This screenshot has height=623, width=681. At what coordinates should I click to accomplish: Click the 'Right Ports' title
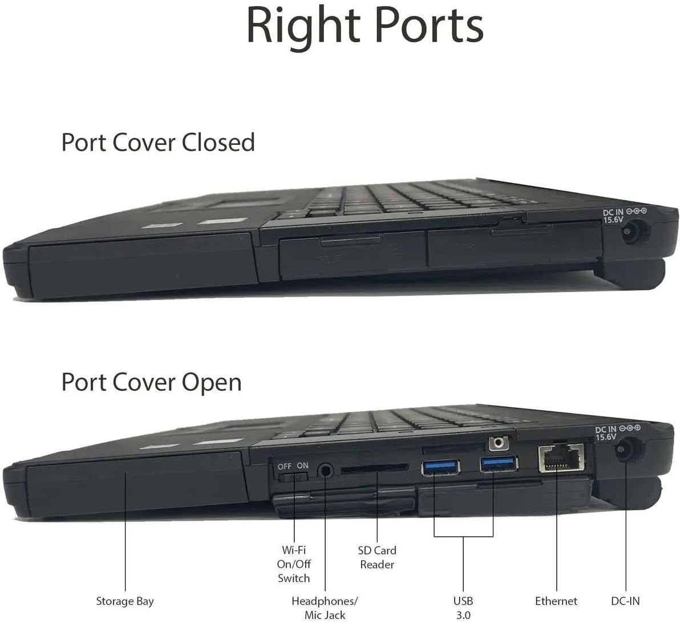click(365, 27)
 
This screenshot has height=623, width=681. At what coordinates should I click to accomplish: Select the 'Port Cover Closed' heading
click(158, 143)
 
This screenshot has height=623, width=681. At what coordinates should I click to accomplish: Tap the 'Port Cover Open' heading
click(151, 382)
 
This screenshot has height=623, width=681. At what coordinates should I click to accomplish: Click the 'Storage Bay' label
click(125, 601)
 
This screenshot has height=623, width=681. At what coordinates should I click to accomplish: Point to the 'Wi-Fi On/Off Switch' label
click(294, 564)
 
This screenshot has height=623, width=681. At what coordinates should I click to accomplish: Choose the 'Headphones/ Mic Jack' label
click(325, 608)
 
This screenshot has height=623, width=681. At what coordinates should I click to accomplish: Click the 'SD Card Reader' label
click(377, 557)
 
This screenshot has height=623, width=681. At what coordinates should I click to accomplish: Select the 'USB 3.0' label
click(463, 608)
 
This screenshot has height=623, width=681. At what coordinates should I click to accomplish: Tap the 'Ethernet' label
click(556, 601)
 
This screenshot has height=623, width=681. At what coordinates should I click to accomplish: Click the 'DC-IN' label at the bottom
click(626, 601)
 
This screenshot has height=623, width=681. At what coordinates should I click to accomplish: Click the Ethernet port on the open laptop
click(561, 458)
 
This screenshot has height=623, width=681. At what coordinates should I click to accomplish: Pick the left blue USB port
click(440, 467)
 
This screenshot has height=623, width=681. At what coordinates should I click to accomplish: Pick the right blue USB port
click(499, 464)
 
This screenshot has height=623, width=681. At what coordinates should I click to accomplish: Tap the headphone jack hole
click(326, 471)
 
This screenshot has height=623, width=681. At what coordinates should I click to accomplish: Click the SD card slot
click(375, 468)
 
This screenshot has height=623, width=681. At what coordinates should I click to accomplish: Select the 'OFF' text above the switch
click(285, 467)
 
